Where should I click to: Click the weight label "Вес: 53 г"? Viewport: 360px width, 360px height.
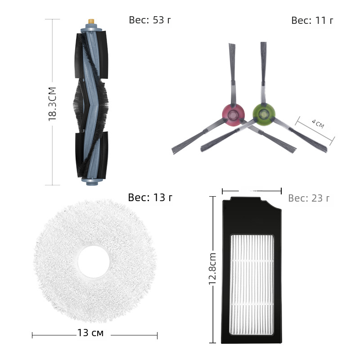coord(150,20)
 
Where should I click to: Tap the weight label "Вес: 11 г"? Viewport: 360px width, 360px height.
coord(312,21)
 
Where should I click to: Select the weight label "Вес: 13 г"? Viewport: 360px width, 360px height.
coord(150,198)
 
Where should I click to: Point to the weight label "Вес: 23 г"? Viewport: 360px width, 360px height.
coord(309,198)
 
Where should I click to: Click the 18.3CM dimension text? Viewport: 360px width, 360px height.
coord(52,104)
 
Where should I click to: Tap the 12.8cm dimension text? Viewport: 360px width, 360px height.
coord(212,269)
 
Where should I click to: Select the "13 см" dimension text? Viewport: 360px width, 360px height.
coord(90,333)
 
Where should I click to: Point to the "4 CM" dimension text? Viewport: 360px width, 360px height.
coord(318,124)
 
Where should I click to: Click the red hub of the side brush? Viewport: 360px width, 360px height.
coord(233,114)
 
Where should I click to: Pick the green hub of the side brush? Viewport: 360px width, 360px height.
coord(264,114)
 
